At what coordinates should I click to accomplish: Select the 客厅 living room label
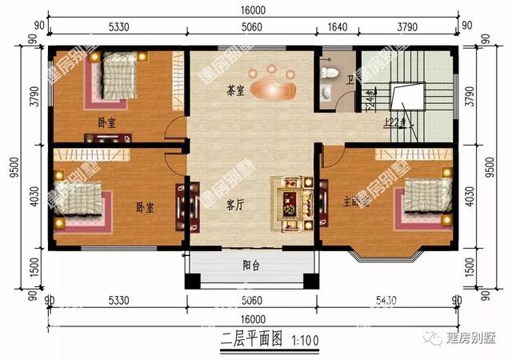234,204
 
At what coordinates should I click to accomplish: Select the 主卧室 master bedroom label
358,202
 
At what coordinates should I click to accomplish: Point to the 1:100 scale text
304,339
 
